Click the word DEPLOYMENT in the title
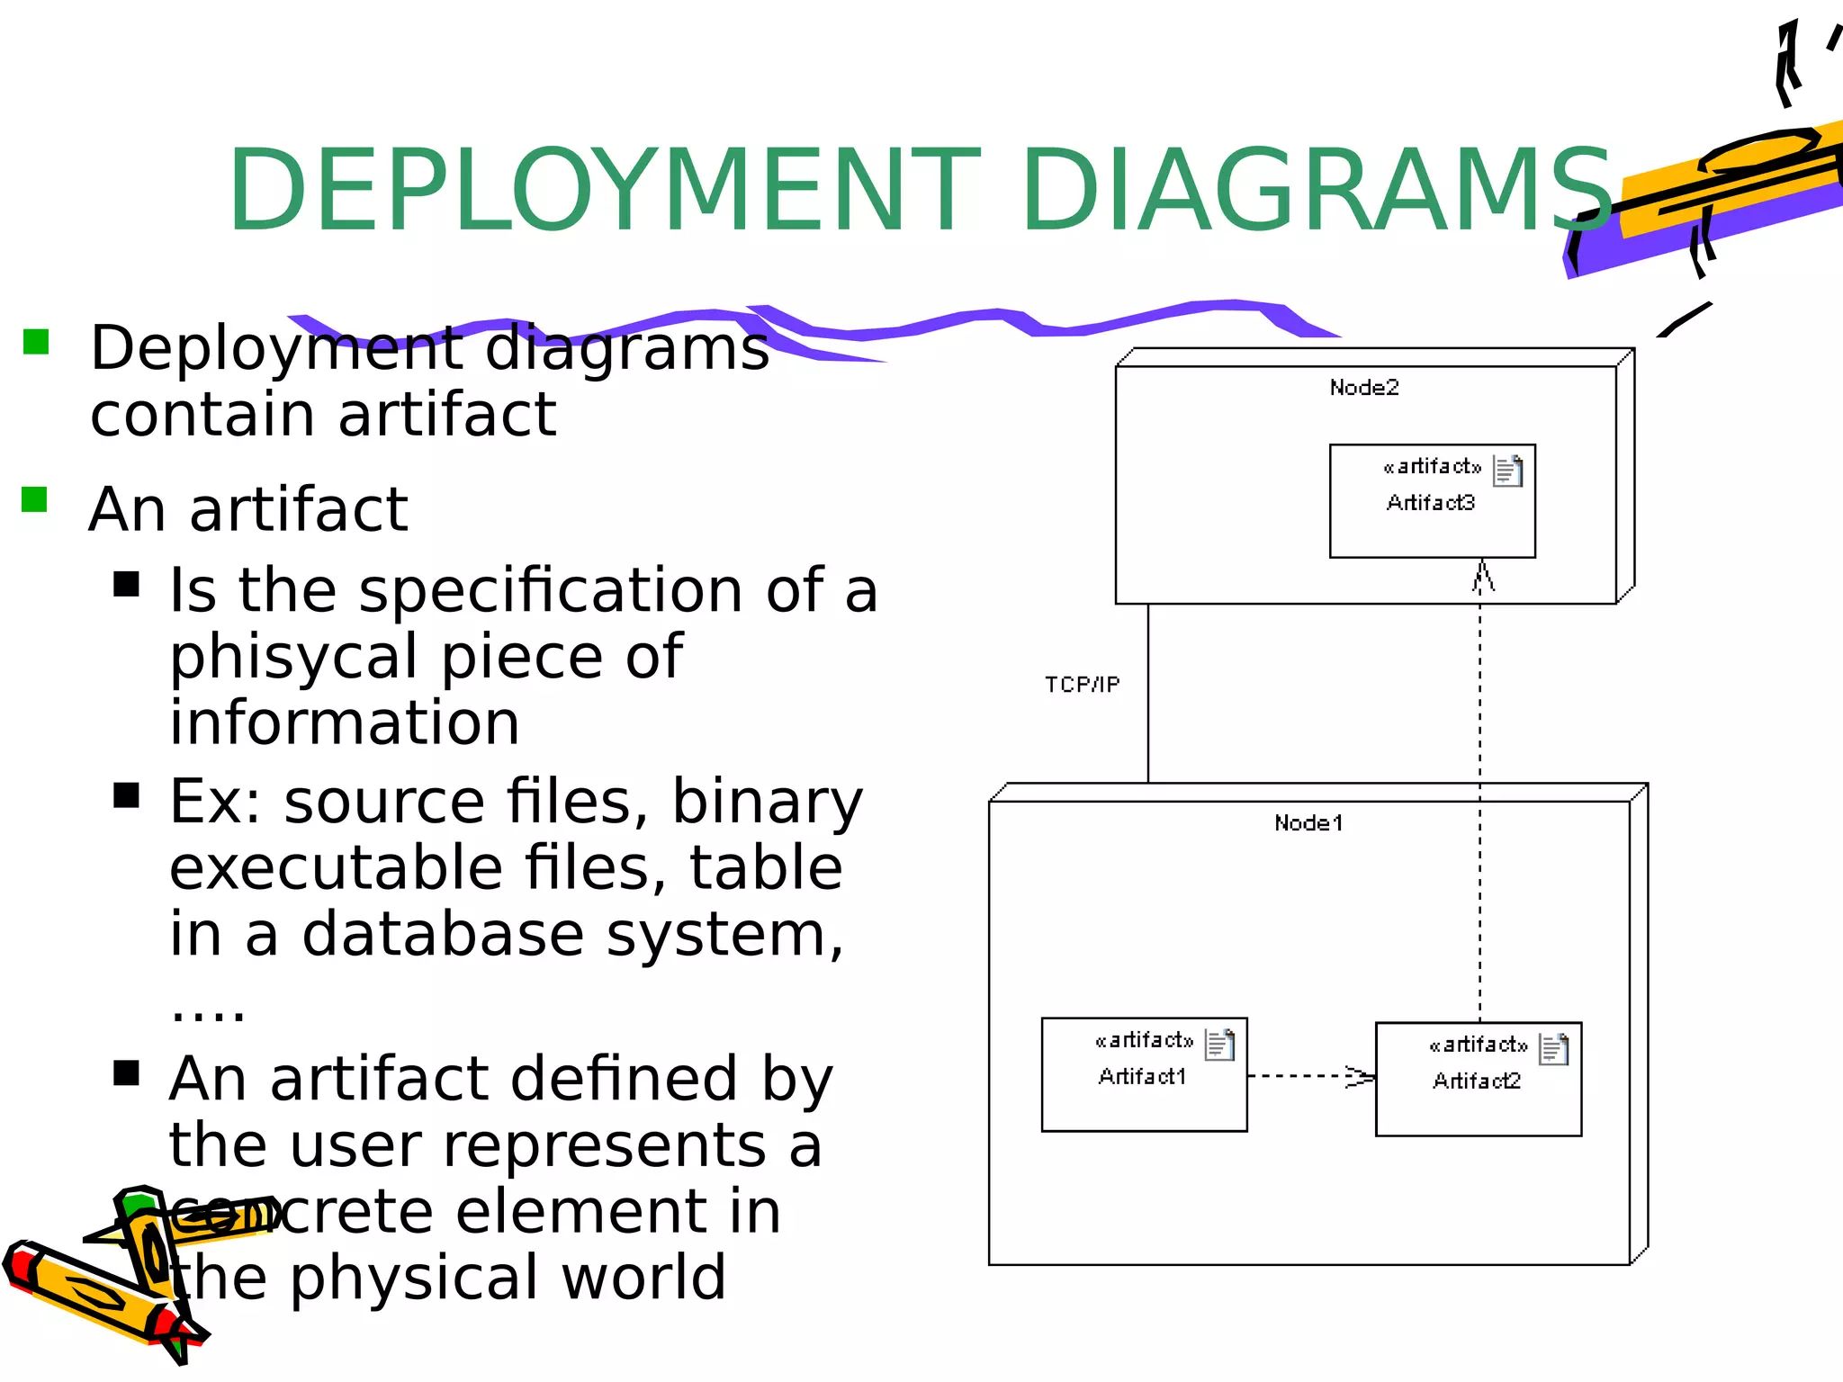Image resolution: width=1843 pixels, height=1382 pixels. click(x=603, y=191)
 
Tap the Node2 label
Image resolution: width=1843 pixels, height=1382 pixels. click(x=1364, y=388)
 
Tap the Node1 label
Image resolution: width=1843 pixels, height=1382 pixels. click(x=1308, y=823)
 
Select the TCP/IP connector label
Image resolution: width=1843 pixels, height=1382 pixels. click(x=1083, y=685)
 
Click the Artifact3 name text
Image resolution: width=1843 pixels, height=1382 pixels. click(x=1431, y=503)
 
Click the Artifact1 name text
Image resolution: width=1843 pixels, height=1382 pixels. click(x=1142, y=1077)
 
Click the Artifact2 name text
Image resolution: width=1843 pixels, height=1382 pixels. click(x=1477, y=1081)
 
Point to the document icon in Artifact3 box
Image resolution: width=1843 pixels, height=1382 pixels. click(x=1508, y=471)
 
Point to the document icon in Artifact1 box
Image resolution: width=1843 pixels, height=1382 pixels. click(x=1219, y=1045)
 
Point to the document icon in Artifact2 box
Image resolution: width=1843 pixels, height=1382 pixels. click(x=1554, y=1049)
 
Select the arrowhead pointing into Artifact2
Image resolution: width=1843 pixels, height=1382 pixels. click(x=1361, y=1076)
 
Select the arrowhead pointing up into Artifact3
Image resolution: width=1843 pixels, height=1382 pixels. click(x=1482, y=576)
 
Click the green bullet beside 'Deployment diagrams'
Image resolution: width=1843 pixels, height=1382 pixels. click(x=36, y=342)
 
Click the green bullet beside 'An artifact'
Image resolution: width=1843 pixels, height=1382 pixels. click(x=34, y=499)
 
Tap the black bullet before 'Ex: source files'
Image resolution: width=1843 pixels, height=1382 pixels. click(x=127, y=795)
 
